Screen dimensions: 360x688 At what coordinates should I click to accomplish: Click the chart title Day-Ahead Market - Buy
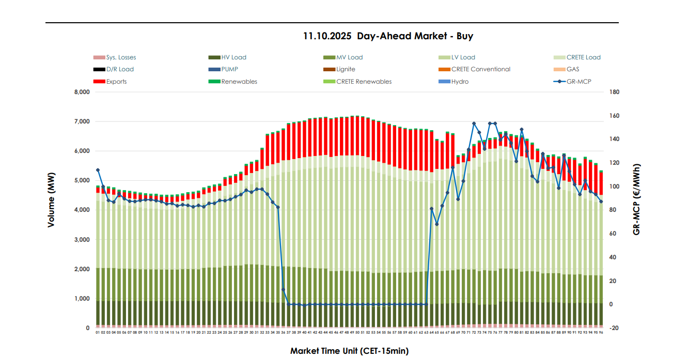(388, 36)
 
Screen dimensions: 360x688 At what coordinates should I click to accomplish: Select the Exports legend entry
(116, 82)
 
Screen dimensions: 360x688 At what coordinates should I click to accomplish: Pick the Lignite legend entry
(346, 69)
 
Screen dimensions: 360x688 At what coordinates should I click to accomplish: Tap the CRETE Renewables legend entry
(364, 82)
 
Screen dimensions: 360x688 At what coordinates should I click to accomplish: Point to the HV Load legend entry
(233, 57)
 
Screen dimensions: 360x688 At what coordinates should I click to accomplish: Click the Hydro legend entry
(460, 82)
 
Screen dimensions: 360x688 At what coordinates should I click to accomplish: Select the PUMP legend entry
(229, 69)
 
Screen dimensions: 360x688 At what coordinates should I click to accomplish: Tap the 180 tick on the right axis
(614, 92)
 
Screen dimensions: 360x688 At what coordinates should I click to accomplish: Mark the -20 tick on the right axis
(614, 328)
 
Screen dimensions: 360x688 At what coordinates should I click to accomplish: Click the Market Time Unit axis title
(349, 351)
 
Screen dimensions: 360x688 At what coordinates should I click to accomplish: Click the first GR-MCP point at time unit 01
(98, 170)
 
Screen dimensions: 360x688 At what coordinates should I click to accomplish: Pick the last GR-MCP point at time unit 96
(601, 201)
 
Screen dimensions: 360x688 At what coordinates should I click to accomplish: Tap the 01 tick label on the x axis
(98, 333)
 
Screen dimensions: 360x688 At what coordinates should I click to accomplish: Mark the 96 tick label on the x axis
(601, 333)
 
